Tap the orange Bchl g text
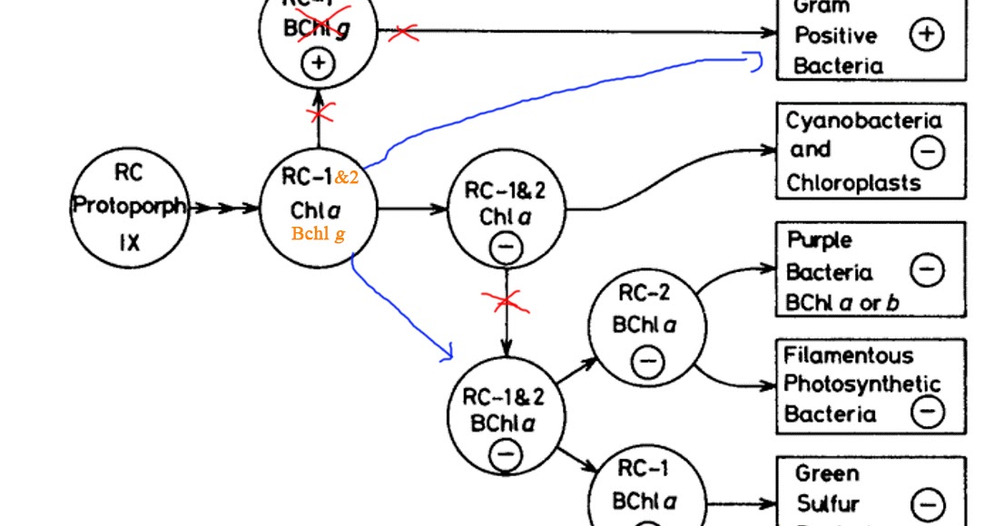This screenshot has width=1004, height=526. click(x=318, y=234)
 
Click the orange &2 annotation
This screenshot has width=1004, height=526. click(x=346, y=177)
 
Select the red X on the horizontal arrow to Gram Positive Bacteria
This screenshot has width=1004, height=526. click(x=404, y=33)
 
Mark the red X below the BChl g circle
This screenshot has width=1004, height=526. click(x=319, y=114)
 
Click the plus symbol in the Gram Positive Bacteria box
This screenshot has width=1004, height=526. click(x=926, y=35)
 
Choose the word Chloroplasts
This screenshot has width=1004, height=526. click(x=853, y=182)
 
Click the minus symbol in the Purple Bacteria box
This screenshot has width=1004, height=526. click(x=926, y=269)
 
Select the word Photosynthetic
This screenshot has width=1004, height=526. click(x=861, y=384)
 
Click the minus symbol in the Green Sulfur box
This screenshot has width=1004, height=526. click(x=927, y=504)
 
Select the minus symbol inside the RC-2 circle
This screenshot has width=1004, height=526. click(x=647, y=363)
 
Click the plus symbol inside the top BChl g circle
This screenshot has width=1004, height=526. click(x=318, y=63)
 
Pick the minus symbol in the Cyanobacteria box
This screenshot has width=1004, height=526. click(x=926, y=152)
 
